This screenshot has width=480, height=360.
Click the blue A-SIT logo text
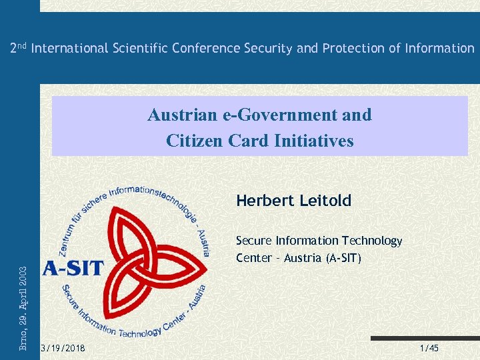pos(73,268)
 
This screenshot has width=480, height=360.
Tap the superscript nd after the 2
pos(22,45)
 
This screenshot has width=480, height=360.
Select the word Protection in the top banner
pos(350,48)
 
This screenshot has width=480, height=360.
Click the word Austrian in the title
pos(177,115)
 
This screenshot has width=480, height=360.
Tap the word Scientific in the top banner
pos(138,48)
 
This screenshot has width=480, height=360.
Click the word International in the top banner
pos(69,48)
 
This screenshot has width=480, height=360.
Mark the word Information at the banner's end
pos(439,48)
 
